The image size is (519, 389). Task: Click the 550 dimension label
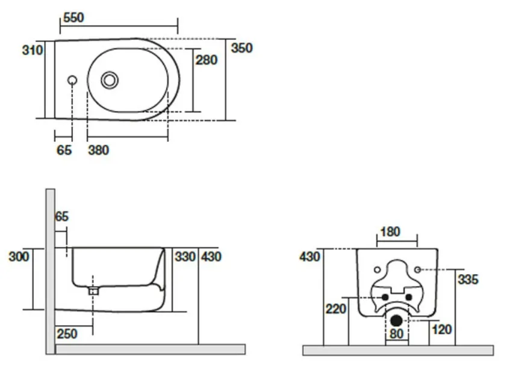pos(73,17)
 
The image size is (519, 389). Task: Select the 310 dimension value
pos(33,50)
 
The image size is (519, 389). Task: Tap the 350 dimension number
pos(241,48)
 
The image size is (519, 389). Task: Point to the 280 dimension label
pos(207,60)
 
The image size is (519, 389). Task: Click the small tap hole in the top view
pos(72,80)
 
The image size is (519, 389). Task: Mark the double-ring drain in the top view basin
pos(109,79)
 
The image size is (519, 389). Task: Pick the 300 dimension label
pos(19,257)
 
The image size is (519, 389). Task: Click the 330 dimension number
pos(185,257)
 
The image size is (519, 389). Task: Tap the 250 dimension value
pos(66,334)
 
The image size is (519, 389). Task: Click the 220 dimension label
pos(337,309)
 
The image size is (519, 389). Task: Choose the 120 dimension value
pos(441,329)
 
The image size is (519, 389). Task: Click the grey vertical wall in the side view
pos(50,271)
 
